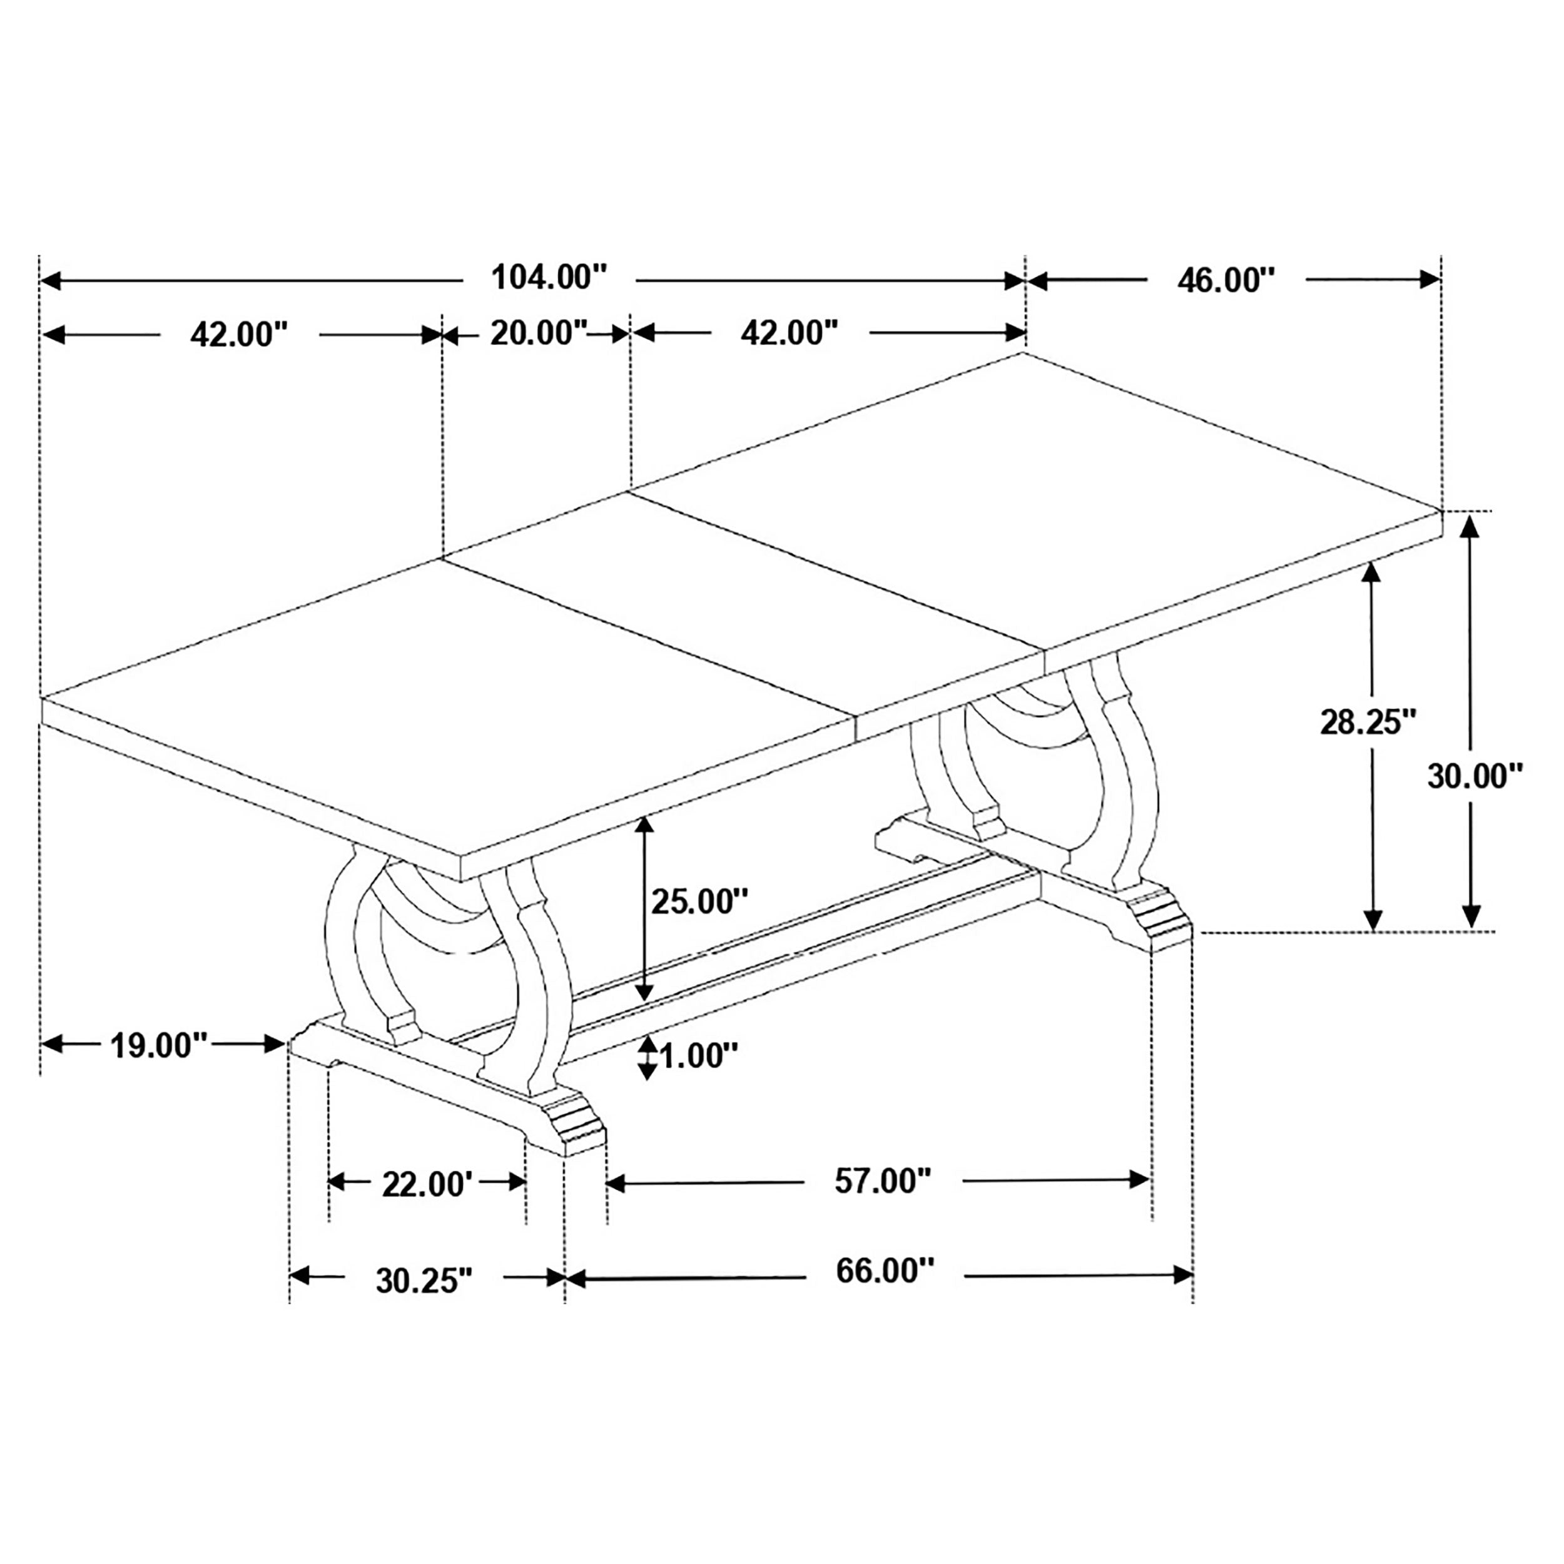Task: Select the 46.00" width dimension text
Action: pos(1226,280)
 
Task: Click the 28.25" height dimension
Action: pos(1368,721)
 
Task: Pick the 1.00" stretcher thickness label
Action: pos(699,1055)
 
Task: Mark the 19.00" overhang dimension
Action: pos(160,1045)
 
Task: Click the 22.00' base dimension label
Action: pos(427,1184)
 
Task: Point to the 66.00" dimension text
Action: pos(885,1271)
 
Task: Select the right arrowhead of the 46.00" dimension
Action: pos(1429,280)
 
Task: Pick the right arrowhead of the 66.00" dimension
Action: pos(1183,1275)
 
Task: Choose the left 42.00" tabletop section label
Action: pos(239,334)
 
